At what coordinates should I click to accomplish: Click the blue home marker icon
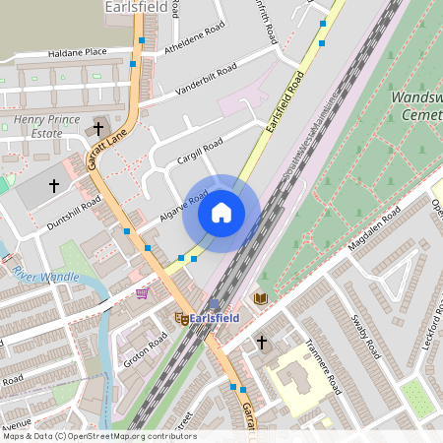click(x=221, y=212)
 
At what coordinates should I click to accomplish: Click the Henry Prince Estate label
click(x=44, y=125)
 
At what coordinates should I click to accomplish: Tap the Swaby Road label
click(x=363, y=336)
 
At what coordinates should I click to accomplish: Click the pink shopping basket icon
click(x=143, y=292)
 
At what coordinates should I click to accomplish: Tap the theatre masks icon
click(x=180, y=317)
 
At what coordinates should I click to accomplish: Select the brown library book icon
click(x=261, y=298)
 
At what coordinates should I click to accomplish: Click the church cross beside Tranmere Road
click(x=262, y=342)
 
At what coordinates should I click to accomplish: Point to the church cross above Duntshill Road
click(x=54, y=184)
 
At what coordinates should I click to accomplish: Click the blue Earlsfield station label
click(x=214, y=318)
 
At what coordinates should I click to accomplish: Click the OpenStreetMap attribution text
click(x=98, y=436)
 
